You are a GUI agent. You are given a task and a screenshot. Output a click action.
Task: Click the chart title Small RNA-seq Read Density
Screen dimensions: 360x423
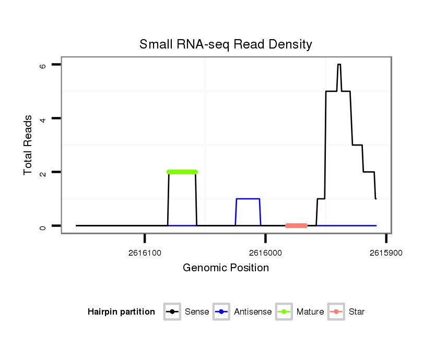click(226, 44)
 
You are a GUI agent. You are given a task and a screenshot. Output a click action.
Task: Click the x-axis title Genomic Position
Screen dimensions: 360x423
click(226, 268)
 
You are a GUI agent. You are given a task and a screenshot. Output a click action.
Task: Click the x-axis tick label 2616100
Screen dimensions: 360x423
click(145, 253)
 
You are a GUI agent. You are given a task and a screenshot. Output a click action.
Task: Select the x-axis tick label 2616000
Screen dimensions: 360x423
click(265, 253)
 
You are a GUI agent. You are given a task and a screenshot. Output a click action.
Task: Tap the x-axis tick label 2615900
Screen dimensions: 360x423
click(385, 253)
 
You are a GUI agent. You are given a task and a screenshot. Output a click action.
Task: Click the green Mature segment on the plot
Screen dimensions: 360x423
click(182, 172)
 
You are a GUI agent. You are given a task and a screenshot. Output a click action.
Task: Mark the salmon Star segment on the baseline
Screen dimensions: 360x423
click(296, 225)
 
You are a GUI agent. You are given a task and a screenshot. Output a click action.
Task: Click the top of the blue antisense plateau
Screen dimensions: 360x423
click(248, 199)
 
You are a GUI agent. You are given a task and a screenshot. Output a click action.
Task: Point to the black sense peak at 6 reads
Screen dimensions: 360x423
click(339, 65)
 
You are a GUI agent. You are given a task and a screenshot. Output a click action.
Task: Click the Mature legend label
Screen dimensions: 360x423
click(310, 312)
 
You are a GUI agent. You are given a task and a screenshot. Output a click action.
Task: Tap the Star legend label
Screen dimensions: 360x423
click(357, 312)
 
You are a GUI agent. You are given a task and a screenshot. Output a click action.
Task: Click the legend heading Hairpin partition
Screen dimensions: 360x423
click(121, 312)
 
